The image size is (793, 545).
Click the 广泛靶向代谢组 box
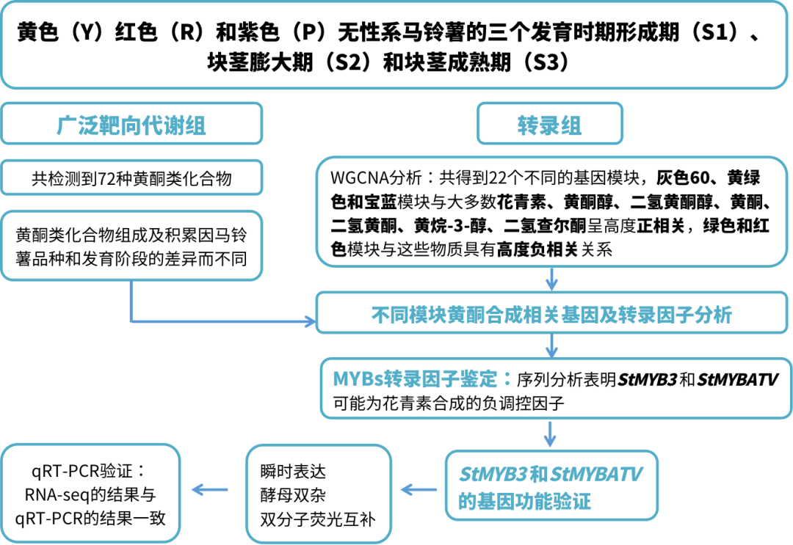click(x=131, y=124)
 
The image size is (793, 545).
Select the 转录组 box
click(x=549, y=124)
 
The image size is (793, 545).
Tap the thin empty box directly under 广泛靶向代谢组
click(x=131, y=178)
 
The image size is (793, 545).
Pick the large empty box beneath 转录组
click(x=551, y=211)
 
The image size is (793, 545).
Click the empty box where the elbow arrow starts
click(x=131, y=245)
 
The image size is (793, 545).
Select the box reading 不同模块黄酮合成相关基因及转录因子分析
click(x=551, y=315)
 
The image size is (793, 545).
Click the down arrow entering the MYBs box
click(x=551, y=345)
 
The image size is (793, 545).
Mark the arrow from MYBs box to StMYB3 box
click(x=550, y=434)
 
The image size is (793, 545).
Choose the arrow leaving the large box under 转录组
click(x=551, y=279)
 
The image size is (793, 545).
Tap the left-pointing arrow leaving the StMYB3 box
click(x=419, y=489)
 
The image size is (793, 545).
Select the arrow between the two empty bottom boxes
click(x=209, y=489)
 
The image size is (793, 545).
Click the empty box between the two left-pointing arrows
click(x=319, y=492)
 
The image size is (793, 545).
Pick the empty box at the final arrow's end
click(x=91, y=492)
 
